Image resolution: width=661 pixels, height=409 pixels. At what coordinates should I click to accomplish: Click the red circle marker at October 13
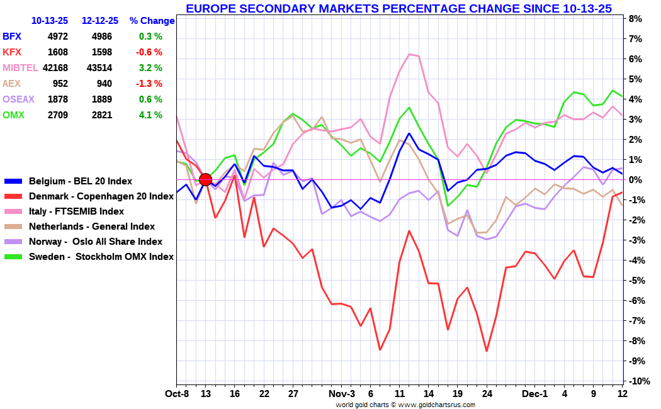[x=205, y=180]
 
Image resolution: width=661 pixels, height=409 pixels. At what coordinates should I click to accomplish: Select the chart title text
[x=398, y=8]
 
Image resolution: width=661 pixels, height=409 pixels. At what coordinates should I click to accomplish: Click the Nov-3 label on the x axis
[x=342, y=393]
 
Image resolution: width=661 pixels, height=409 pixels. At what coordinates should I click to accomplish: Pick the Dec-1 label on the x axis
[x=535, y=393]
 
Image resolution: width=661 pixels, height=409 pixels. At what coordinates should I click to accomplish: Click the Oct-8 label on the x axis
[x=177, y=393]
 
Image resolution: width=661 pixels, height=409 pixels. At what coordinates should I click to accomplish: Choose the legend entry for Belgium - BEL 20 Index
[x=81, y=181]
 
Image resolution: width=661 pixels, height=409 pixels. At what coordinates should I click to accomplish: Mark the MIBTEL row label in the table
[x=20, y=68]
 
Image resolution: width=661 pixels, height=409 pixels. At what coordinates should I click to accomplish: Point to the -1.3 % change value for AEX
[x=150, y=84]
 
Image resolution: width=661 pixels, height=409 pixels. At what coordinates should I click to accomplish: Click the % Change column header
[x=152, y=21]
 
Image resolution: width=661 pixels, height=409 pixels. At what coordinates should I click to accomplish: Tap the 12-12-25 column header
[x=101, y=21]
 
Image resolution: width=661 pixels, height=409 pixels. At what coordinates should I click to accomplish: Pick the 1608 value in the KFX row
[x=57, y=52]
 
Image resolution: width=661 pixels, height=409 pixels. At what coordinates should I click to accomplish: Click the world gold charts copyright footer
[x=405, y=405]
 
